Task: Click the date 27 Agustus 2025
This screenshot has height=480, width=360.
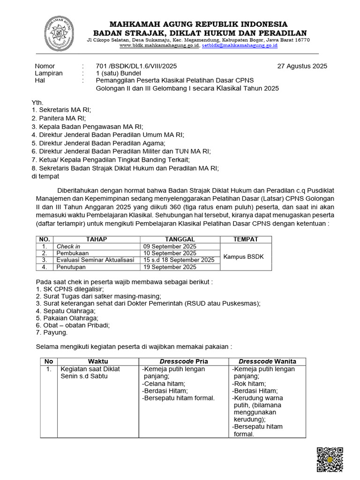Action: click(302, 66)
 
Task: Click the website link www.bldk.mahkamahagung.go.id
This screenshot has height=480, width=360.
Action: click(160, 45)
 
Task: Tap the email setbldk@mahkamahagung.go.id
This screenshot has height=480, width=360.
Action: click(240, 45)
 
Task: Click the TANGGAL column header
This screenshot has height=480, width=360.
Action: click(180, 239)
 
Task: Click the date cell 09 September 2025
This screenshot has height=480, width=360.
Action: click(170, 246)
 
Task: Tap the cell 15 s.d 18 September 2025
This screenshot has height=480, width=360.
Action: click(179, 260)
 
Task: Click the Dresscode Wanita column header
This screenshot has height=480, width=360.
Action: click(267, 361)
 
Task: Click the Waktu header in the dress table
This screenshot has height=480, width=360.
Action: click(98, 361)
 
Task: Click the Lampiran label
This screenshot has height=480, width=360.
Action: click(49, 73)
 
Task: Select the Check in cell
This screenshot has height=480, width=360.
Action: click(68, 246)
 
